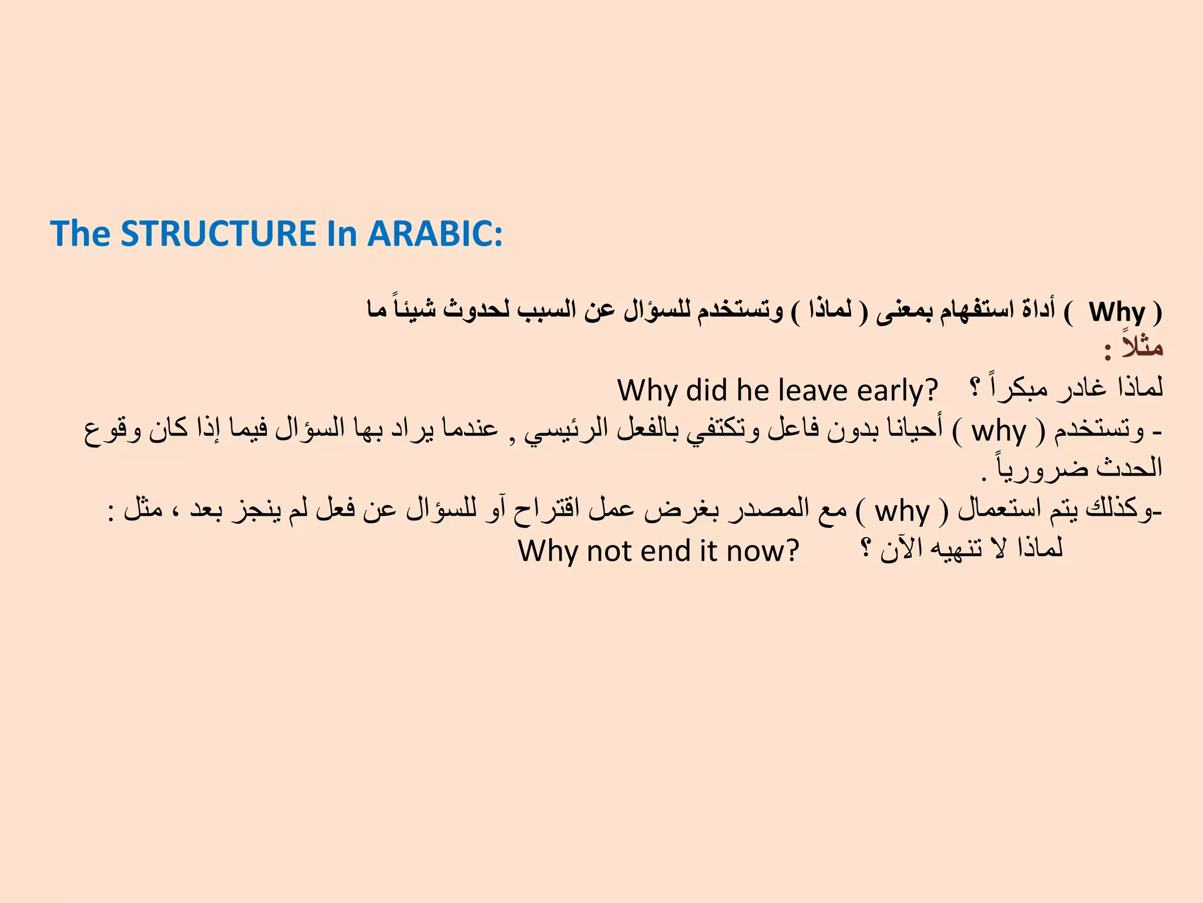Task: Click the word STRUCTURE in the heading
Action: pyautogui.click(x=218, y=234)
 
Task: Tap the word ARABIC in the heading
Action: pyautogui.click(x=435, y=234)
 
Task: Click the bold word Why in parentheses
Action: pyautogui.click(x=1117, y=312)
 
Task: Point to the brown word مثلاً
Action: pyautogui.click(x=1142, y=347)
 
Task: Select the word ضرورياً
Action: pyautogui.click(x=1023, y=469)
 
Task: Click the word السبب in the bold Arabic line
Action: pyautogui.click(x=546, y=310)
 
